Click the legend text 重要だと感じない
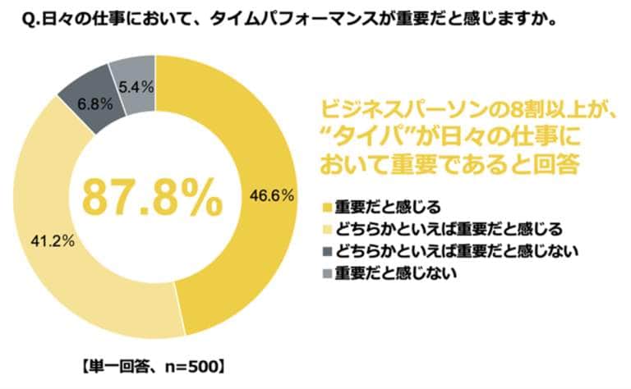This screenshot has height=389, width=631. point(386,270)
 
